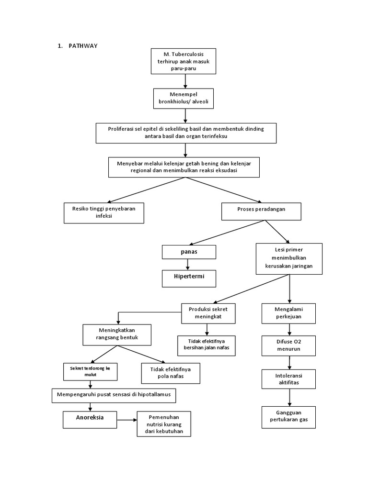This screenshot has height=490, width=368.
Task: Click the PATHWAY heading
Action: click(84, 46)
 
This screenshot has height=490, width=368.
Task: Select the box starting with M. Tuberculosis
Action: click(183, 61)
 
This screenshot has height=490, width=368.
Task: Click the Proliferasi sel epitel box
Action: click(186, 133)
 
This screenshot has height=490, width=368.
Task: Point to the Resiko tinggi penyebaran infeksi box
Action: click(104, 212)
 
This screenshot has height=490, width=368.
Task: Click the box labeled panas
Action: click(189, 251)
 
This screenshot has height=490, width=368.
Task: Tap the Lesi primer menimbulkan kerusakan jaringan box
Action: click(289, 258)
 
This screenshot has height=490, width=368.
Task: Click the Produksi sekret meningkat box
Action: click(207, 313)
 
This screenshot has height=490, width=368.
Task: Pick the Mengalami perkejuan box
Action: click(289, 313)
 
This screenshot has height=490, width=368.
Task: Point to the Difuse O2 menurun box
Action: click(289, 345)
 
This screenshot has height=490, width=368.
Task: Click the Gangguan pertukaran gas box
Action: click(289, 416)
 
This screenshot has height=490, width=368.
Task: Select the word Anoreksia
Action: click(90, 417)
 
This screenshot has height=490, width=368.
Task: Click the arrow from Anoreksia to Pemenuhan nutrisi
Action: click(127, 420)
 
